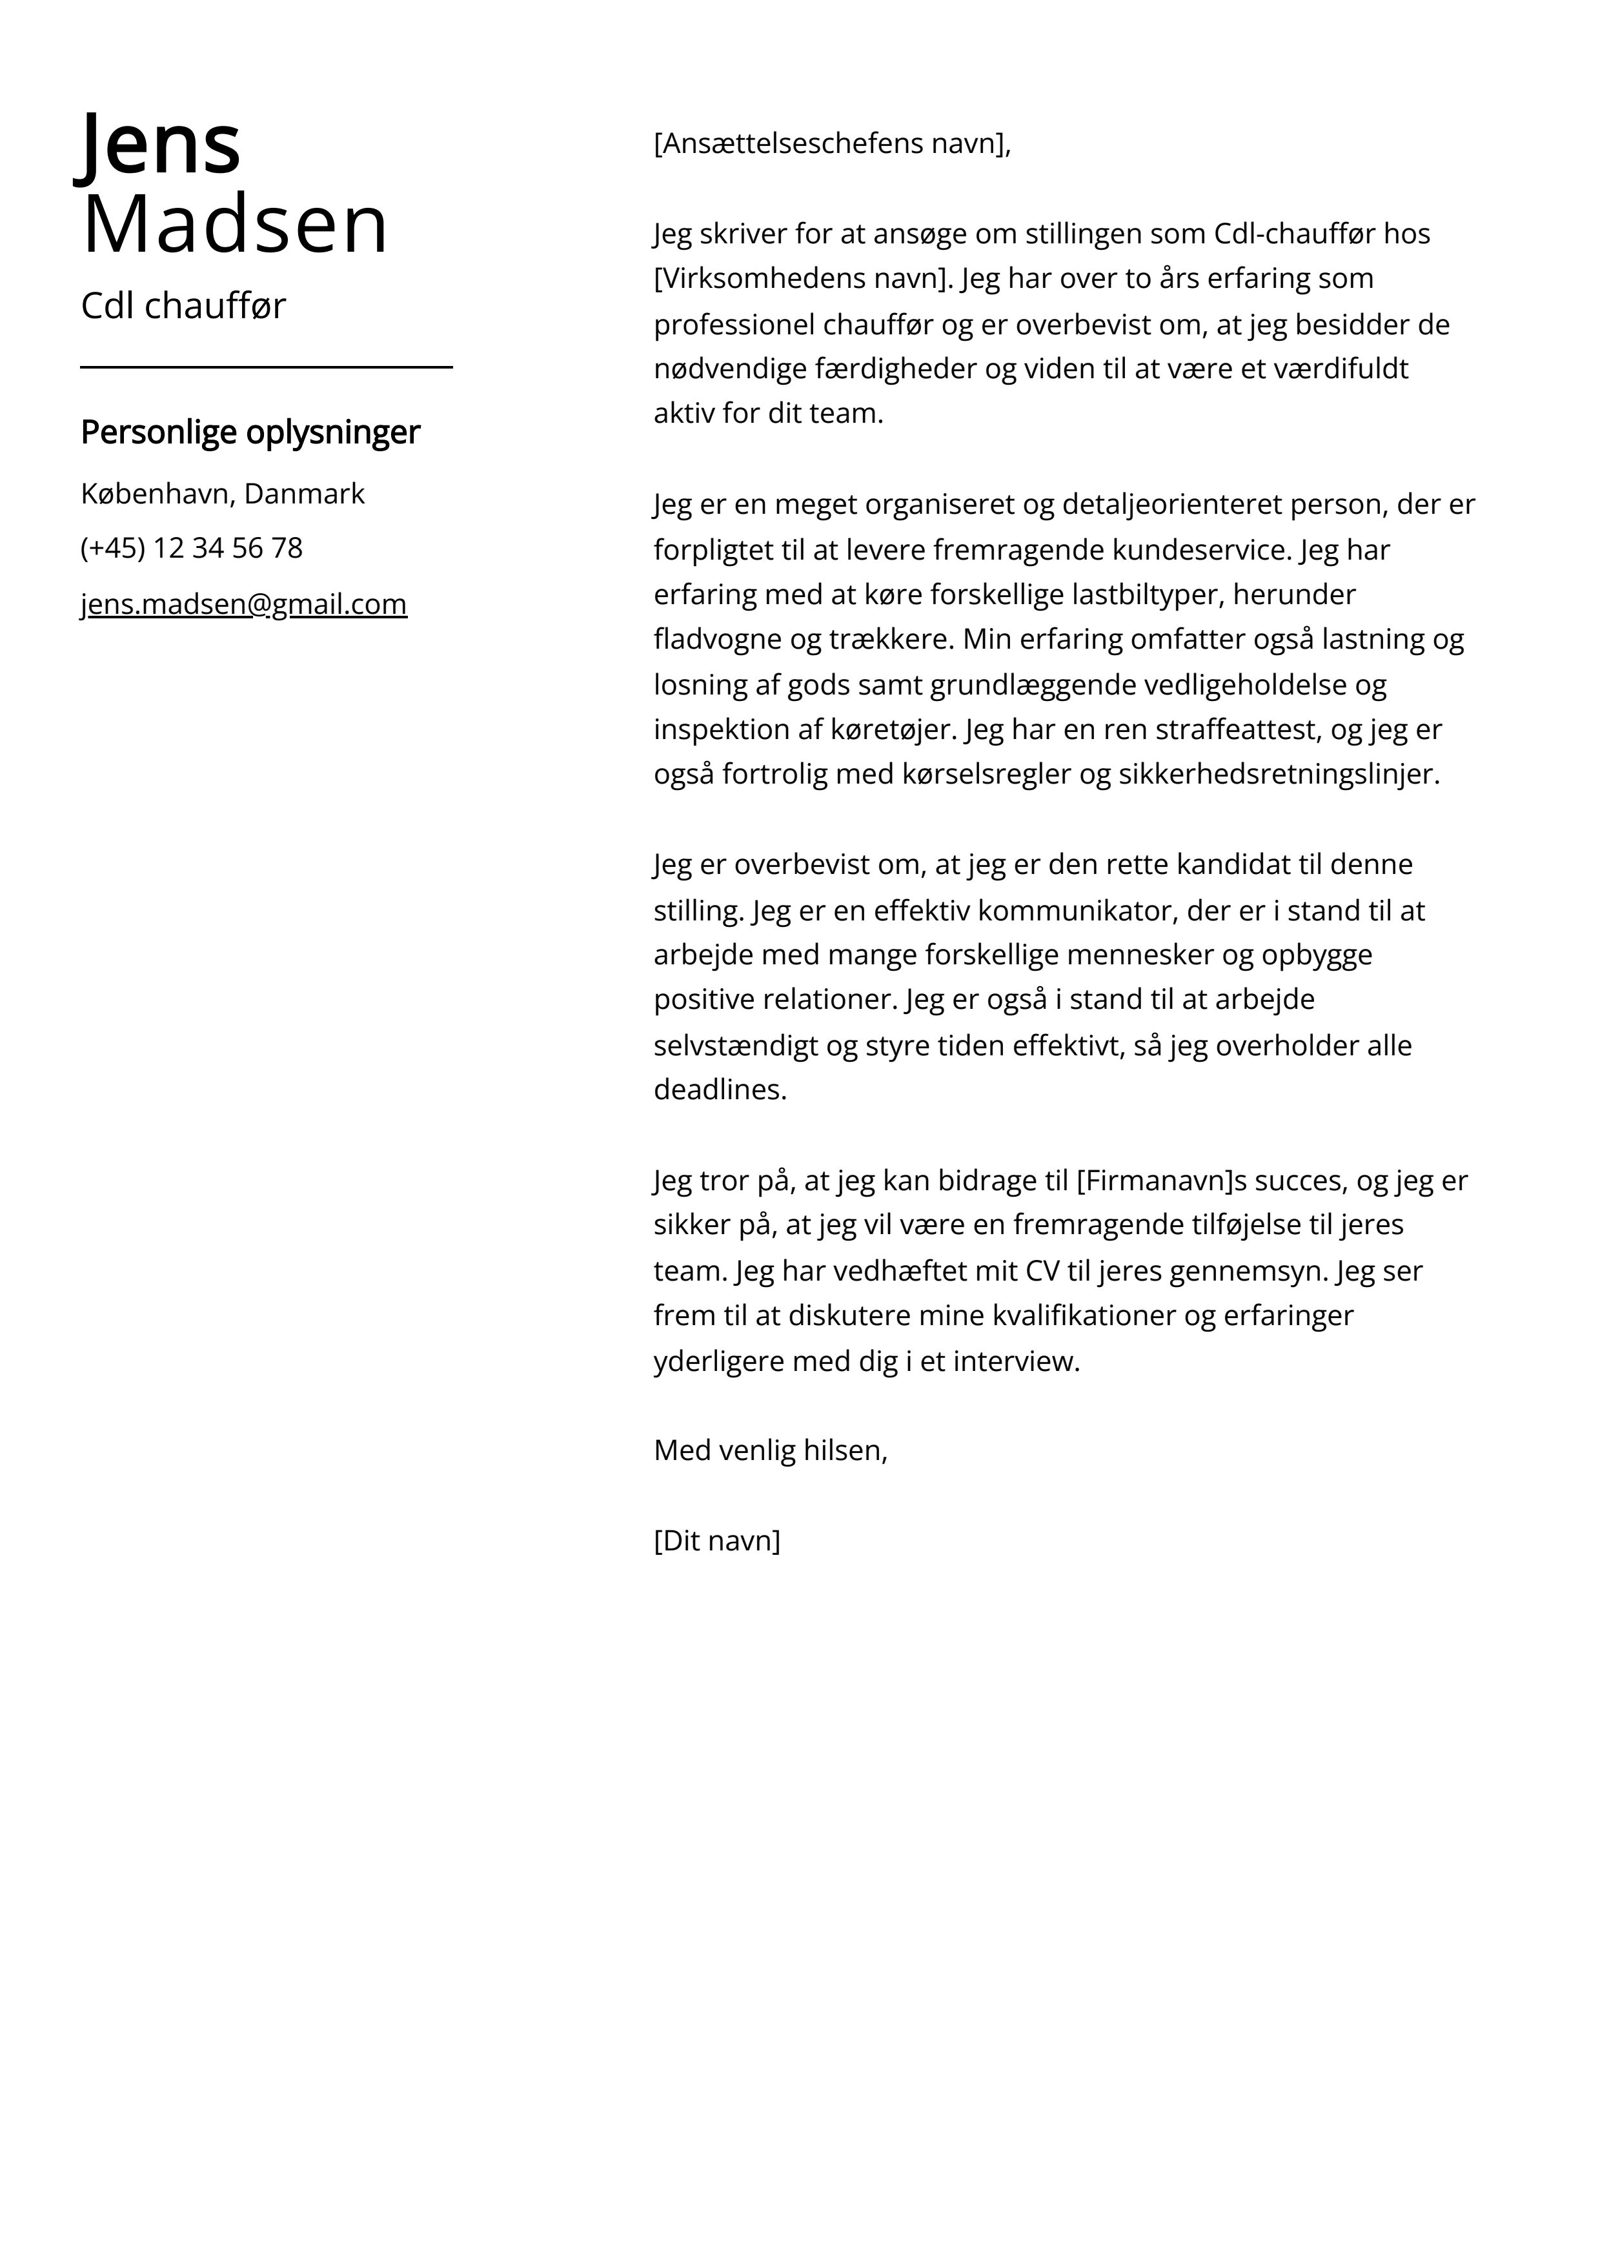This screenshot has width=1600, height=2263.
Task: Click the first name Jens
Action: pyautogui.click(x=159, y=144)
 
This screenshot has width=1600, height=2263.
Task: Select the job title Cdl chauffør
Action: pyautogui.click(x=183, y=305)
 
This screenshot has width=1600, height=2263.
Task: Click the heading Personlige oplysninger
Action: pyautogui.click(x=250, y=432)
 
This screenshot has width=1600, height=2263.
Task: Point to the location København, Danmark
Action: pyautogui.click(x=223, y=493)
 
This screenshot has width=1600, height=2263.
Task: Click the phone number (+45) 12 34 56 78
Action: pyautogui.click(x=191, y=548)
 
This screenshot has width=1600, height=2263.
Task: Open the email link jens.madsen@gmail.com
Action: pyautogui.click(x=243, y=604)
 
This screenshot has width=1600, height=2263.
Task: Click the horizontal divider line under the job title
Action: pyautogui.click(x=266, y=367)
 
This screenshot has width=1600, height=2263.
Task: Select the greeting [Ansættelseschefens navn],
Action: pyautogui.click(x=832, y=144)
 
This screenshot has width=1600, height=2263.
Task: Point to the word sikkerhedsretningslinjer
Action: pyautogui.click(x=1278, y=775)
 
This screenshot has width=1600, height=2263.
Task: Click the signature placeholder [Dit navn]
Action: pyautogui.click(x=716, y=1541)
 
